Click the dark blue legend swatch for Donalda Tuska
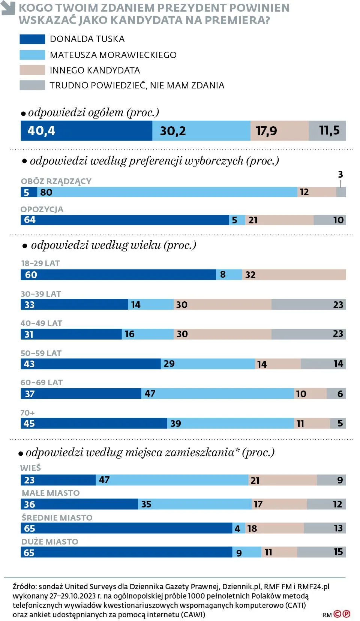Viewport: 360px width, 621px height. (x=32, y=39)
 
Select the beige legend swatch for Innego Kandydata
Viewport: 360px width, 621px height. (x=32, y=70)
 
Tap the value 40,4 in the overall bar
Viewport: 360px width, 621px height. (x=41, y=131)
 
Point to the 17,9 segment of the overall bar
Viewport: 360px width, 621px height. (x=279, y=131)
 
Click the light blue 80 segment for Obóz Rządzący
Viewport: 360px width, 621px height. (x=167, y=192)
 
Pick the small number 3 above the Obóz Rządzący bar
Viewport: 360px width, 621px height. (x=340, y=174)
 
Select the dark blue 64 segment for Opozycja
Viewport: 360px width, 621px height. (x=124, y=220)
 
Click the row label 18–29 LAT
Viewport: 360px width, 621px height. (x=40, y=263)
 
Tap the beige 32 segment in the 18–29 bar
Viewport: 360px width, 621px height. (x=294, y=275)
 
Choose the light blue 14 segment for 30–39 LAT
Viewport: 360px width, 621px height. (x=151, y=305)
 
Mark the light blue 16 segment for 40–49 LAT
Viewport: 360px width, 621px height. (x=148, y=334)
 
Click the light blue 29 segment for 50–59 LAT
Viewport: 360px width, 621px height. (x=208, y=364)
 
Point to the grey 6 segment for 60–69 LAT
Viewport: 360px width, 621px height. (x=336, y=394)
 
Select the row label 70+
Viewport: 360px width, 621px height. (x=27, y=413)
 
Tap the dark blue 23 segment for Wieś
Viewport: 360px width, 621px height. (x=58, y=480)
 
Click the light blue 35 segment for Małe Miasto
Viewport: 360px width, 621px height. (x=195, y=504)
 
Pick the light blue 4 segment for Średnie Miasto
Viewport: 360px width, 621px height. (x=238, y=528)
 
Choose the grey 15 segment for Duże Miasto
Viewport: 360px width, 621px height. (x=321, y=552)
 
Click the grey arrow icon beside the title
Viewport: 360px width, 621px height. (x=8, y=8)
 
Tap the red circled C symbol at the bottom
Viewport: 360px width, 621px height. (x=337, y=614)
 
